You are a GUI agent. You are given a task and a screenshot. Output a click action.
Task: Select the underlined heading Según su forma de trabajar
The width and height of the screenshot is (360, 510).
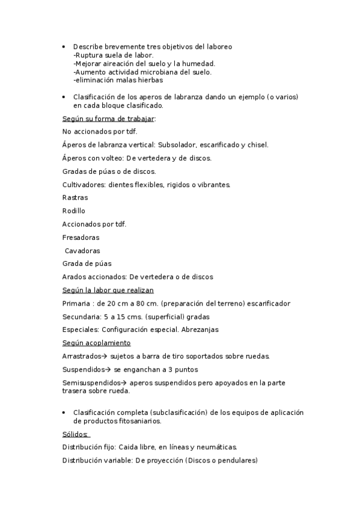[108, 118]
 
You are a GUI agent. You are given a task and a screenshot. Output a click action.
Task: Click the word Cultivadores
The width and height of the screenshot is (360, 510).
[83, 185]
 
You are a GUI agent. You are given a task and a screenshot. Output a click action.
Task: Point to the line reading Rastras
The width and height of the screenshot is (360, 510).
[75, 198]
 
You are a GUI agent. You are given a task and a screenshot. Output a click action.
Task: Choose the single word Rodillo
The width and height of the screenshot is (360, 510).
[74, 211]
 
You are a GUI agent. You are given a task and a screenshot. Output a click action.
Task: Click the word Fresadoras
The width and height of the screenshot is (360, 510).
[81, 238]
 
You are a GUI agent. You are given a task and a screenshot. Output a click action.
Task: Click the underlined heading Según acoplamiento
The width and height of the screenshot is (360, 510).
[96, 343]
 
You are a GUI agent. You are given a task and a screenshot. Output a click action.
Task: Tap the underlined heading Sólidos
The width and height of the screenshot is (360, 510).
[75, 434]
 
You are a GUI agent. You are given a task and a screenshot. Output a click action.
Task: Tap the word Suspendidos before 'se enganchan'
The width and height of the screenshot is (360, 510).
[84, 370]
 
